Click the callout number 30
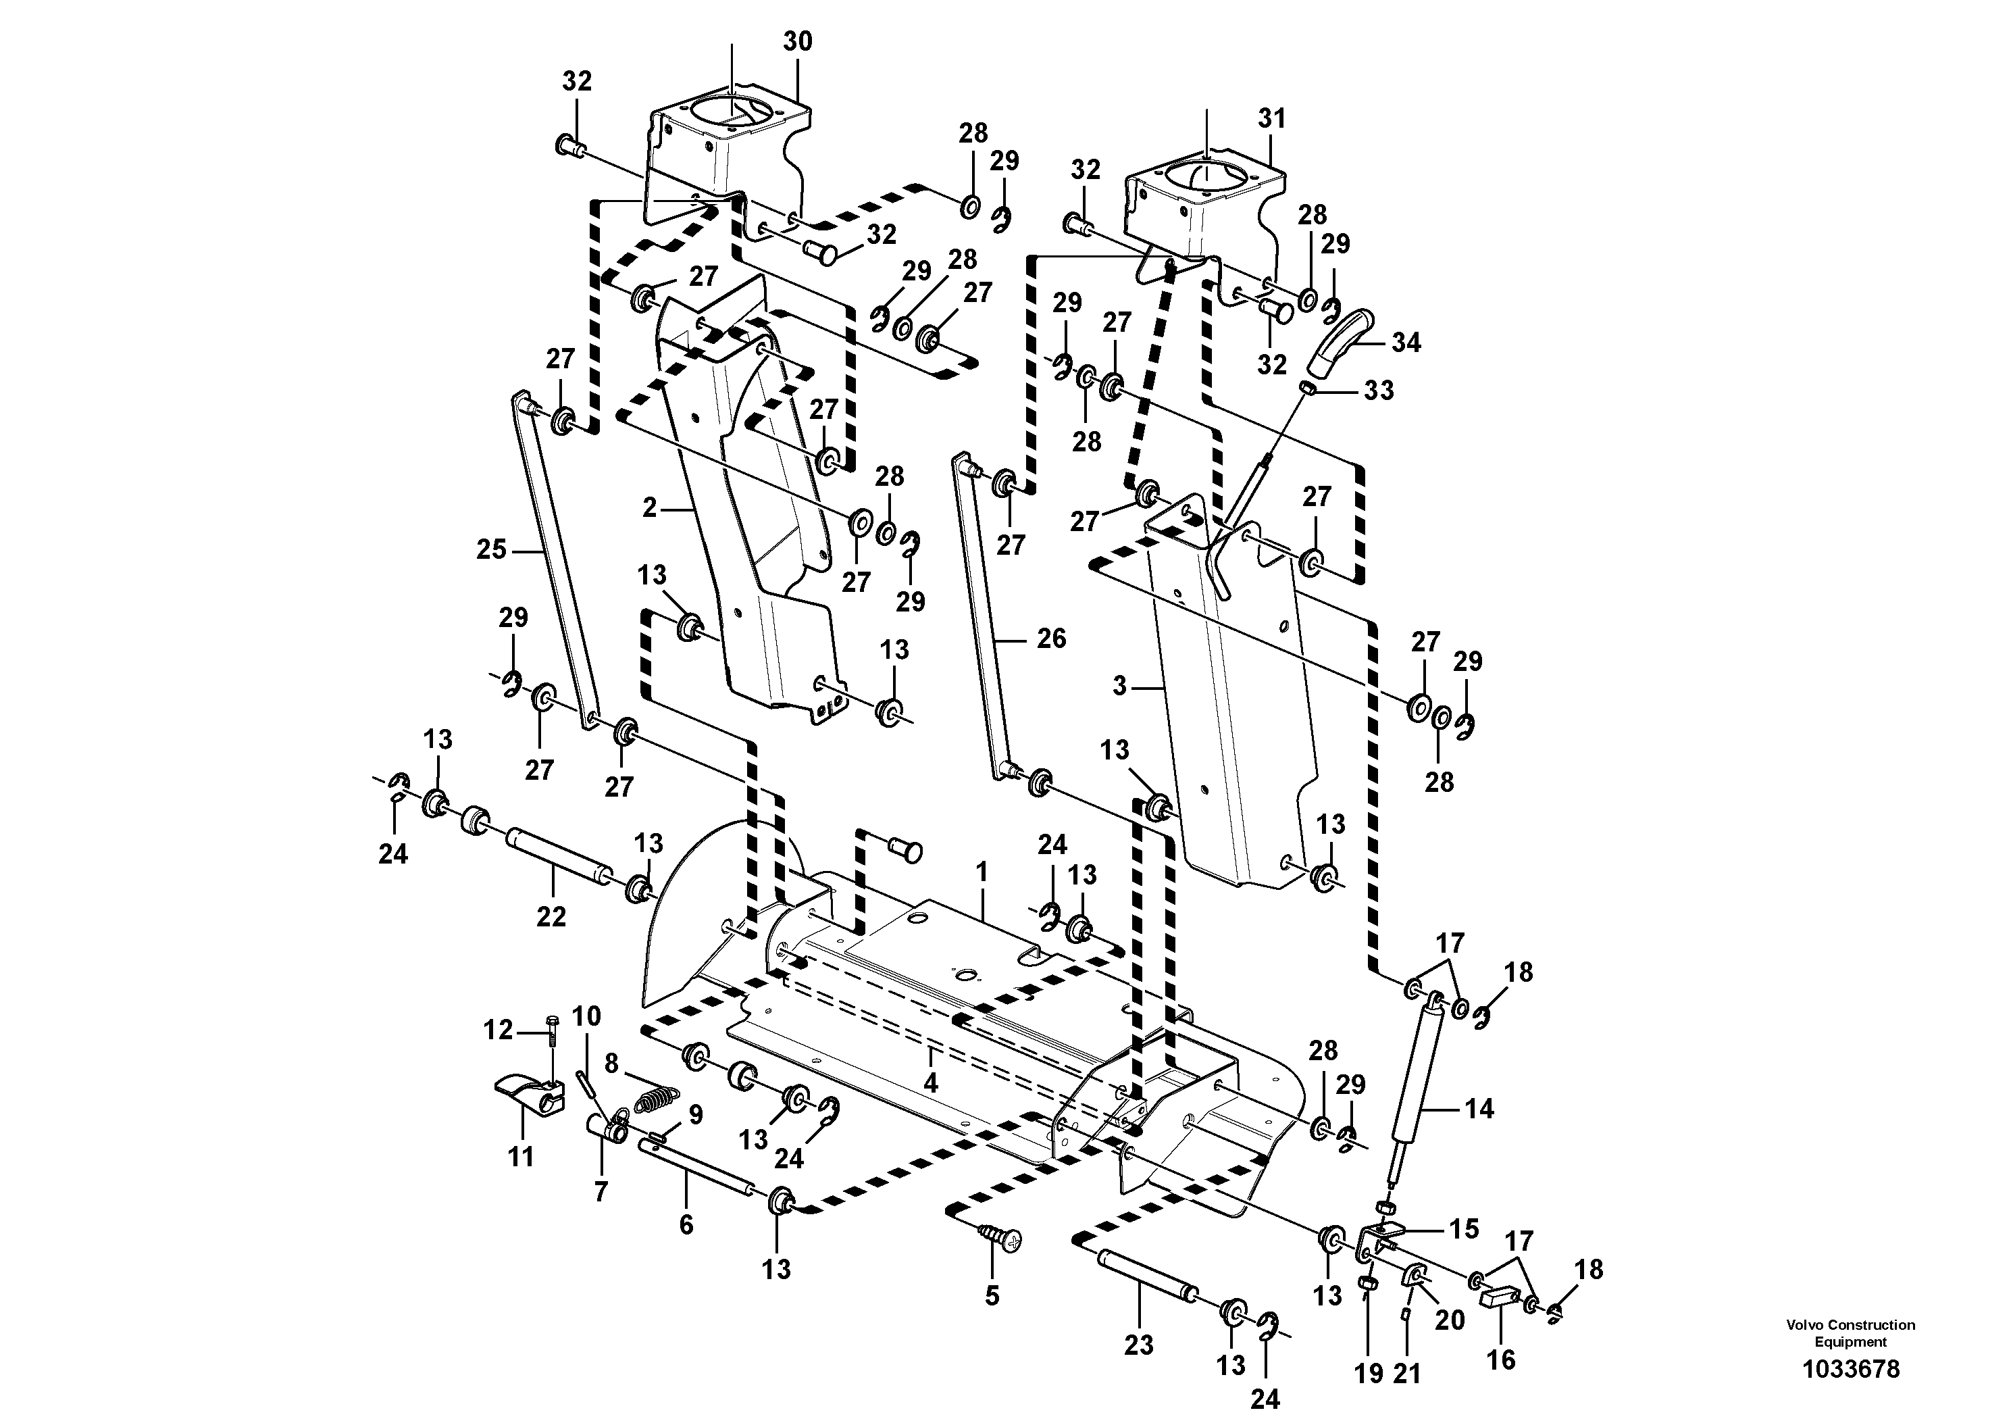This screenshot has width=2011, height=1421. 797,41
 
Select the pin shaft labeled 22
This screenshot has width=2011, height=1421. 555,857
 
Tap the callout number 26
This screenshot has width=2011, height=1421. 1051,639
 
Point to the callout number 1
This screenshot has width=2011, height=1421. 982,872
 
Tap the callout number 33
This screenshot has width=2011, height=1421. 1379,390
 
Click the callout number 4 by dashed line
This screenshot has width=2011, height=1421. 930,1084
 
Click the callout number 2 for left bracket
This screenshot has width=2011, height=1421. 649,508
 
